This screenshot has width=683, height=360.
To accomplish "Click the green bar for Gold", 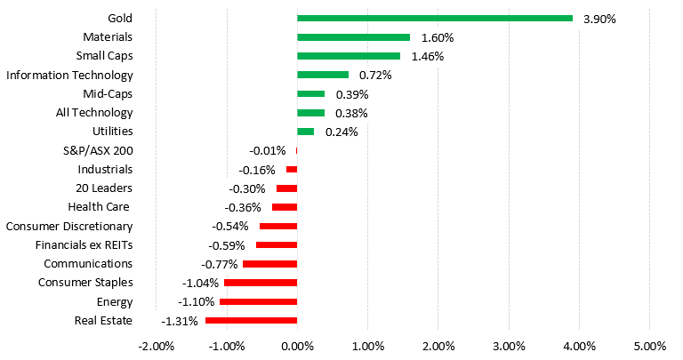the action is point(435,19).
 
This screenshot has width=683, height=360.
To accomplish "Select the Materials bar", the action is point(353,37).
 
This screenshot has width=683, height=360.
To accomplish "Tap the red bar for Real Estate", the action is point(252,320).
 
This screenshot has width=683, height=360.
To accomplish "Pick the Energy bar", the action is point(258,301).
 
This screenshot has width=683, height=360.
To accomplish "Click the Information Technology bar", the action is point(323,75).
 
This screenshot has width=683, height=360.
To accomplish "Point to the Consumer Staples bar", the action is point(261,283).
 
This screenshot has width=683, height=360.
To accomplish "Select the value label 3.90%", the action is point(599,20).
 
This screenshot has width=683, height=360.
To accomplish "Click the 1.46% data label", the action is point(428,57).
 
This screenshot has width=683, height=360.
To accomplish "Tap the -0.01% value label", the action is point(268,151).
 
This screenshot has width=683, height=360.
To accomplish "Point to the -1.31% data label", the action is point(180,321).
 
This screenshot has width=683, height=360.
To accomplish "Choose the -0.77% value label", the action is point(219,264).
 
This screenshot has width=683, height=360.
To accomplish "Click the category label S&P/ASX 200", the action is point(98,151).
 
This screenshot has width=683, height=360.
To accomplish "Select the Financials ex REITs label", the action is point(84,245).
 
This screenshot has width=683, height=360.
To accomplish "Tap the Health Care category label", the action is point(99,207).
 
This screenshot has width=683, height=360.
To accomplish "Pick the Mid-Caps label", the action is point(108,94).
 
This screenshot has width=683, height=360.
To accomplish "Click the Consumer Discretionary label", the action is point(69,227).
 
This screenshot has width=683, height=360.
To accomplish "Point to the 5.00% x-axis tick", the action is point(650,347).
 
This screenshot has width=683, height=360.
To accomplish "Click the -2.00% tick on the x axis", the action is point(157,347).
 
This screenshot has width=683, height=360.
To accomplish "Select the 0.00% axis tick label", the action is point(298,347).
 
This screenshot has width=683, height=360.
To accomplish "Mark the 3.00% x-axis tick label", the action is point(509,347).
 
